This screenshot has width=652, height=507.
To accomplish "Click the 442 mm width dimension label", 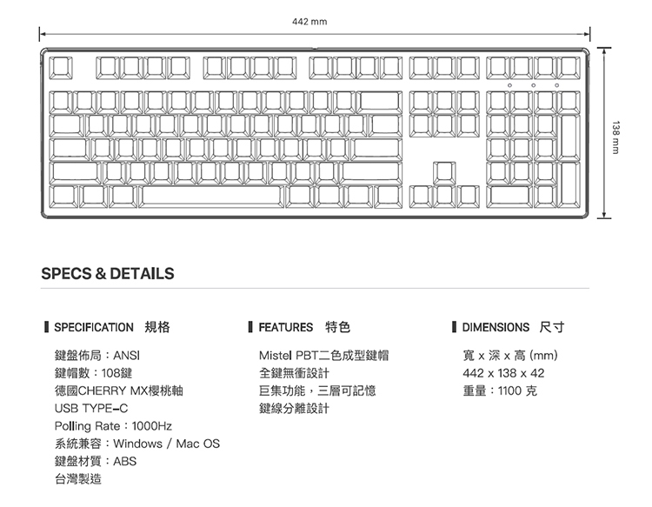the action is [311, 21].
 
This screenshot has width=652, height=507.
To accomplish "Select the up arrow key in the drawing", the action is [444, 171].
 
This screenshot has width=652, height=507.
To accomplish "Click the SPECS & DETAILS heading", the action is [108, 273].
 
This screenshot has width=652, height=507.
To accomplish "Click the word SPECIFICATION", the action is [94, 328].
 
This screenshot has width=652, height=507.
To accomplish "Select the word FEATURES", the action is [286, 328].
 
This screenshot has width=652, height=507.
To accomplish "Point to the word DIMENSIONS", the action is [496, 328].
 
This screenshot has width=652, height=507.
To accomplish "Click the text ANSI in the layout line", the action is [127, 356].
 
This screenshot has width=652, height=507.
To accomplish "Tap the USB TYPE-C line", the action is [91, 408].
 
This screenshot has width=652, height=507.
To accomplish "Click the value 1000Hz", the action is [153, 426].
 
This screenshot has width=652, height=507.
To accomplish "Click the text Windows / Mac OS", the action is [167, 444].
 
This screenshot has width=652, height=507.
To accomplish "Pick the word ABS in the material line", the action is [125, 461].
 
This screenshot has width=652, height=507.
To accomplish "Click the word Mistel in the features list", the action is [276, 356].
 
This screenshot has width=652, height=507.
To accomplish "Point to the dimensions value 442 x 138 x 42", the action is [504, 373].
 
